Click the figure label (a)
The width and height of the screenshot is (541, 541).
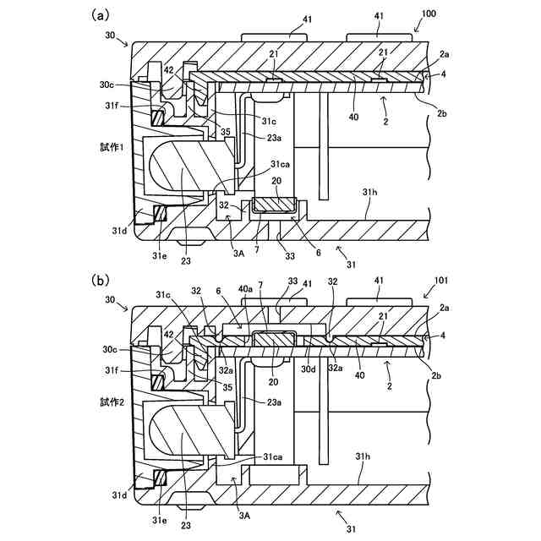[x=101, y=14]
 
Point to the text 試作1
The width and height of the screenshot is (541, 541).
[x=112, y=146]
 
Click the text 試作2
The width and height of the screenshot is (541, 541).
[x=112, y=402]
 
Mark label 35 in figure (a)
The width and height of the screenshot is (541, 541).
[x=226, y=132]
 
